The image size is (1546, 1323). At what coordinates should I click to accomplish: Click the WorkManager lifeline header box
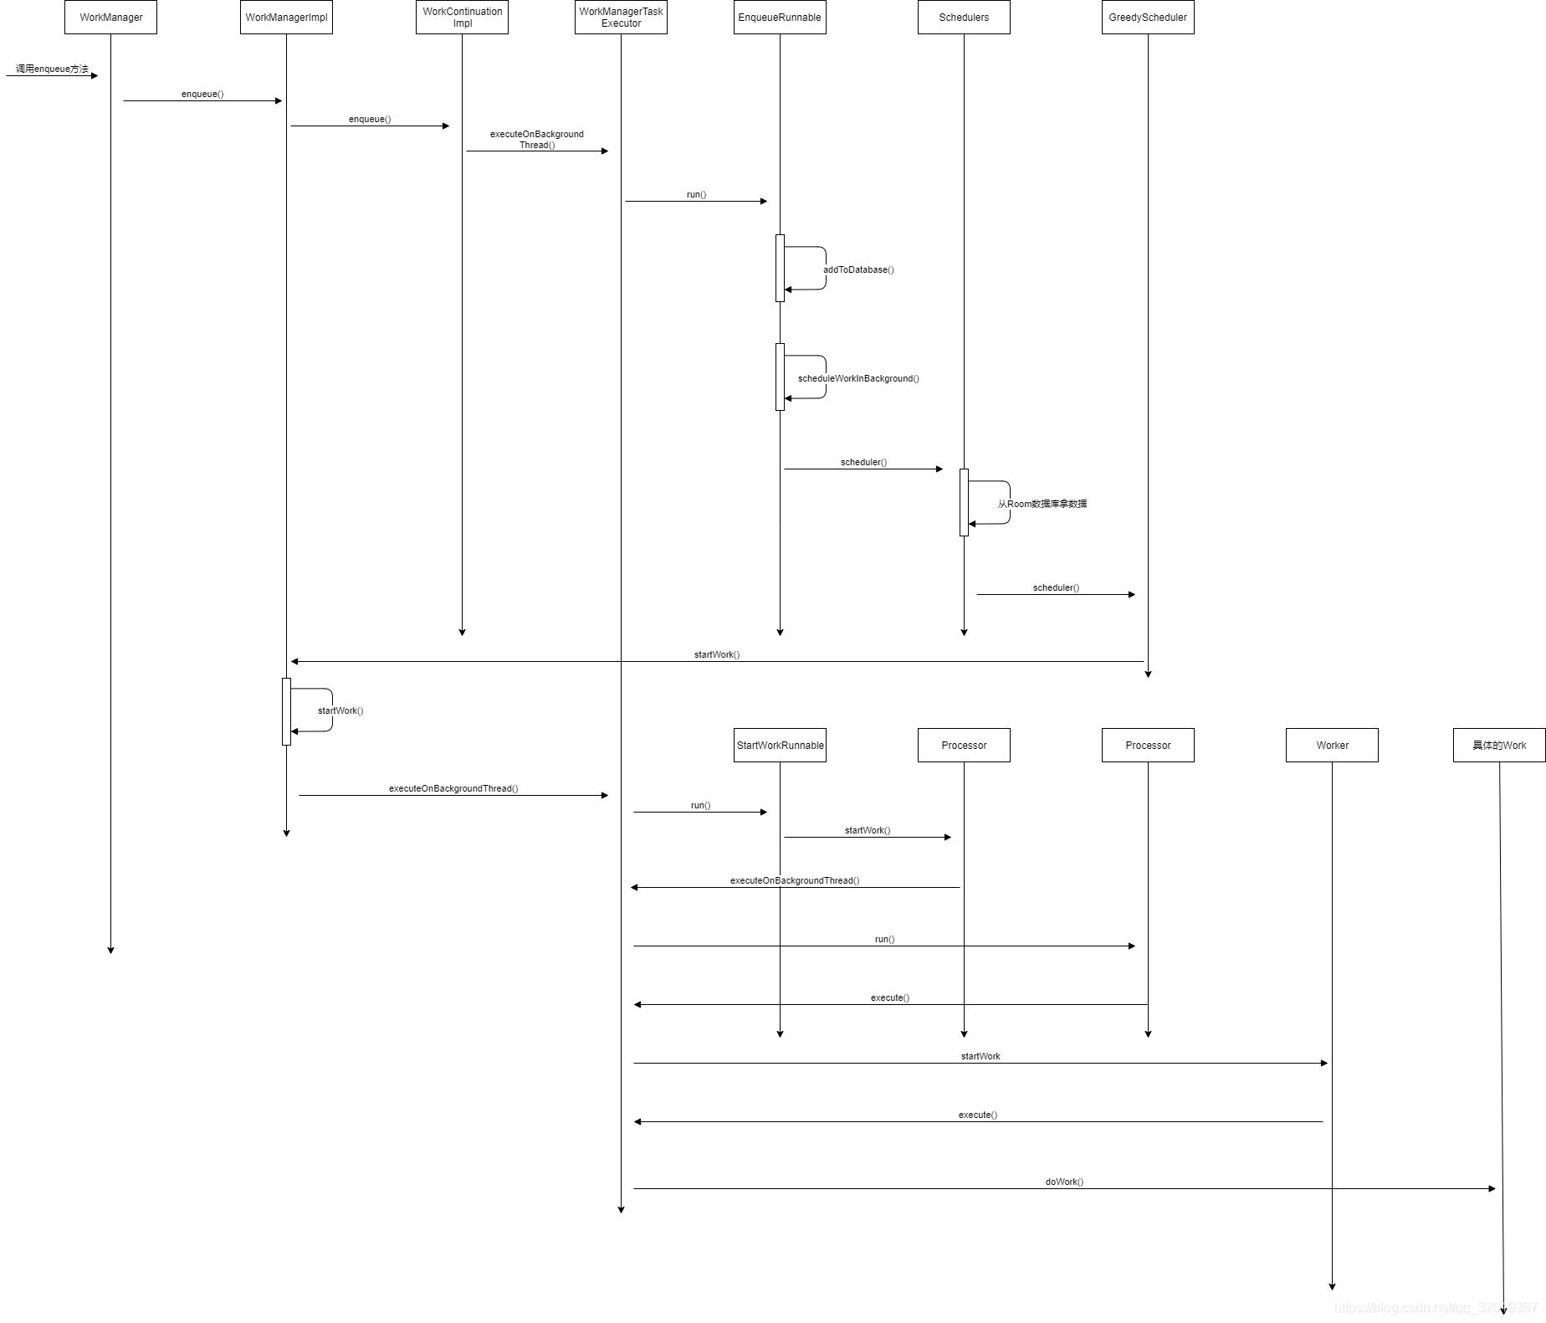[x=110, y=17]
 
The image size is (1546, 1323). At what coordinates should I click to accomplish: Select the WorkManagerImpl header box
[x=286, y=17]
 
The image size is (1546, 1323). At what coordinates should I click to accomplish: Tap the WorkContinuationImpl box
[x=462, y=17]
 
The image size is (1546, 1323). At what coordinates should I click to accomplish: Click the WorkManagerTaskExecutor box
[x=621, y=17]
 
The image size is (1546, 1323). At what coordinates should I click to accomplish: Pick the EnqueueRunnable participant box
[x=780, y=17]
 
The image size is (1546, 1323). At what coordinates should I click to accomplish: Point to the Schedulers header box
[x=964, y=17]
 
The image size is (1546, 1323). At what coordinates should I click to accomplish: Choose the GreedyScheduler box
[x=1148, y=17]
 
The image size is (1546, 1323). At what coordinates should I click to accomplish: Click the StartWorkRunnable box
[x=780, y=745]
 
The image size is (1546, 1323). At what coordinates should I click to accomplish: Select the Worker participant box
[x=1332, y=745]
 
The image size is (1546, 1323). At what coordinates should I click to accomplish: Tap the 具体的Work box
[x=1499, y=745]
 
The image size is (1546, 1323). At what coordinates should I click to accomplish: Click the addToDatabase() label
[x=858, y=269]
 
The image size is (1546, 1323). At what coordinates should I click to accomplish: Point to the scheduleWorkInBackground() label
[x=858, y=378]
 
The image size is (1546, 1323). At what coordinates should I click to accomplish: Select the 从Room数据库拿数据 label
[x=1042, y=504]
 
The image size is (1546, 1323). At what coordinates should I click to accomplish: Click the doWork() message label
[x=1064, y=1182]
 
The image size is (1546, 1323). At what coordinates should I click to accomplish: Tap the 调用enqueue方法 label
[x=52, y=69]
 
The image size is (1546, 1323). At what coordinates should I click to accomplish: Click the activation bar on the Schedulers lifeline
[x=964, y=502]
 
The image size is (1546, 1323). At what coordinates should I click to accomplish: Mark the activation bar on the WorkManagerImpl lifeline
[x=286, y=711]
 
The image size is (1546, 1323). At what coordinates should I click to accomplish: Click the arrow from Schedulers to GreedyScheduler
[x=1056, y=594]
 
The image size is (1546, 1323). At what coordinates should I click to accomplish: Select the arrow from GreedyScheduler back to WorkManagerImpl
[x=717, y=661]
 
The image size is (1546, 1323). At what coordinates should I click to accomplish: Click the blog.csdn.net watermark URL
[x=1436, y=1307]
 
